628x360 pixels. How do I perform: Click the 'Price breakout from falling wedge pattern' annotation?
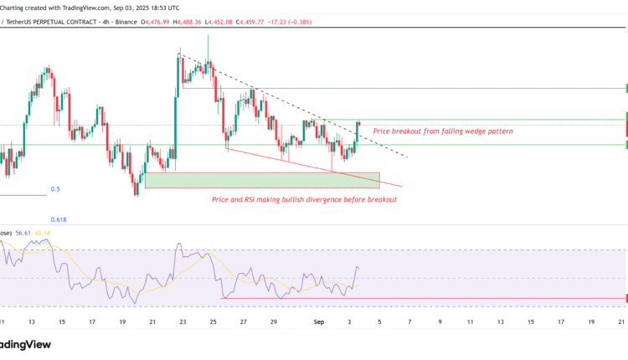pos(442,131)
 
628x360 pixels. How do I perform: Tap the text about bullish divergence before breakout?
pos(304,199)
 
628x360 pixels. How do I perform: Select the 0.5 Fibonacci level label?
pos(55,189)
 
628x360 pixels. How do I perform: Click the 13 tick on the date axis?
pos(32,321)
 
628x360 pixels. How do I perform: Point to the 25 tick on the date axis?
pos(213,321)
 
